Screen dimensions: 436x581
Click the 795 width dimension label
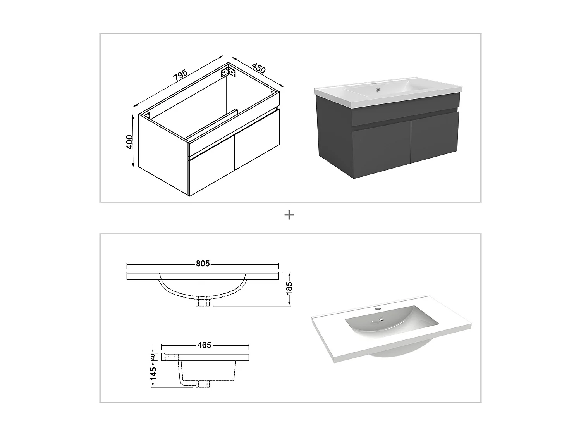pyautogui.click(x=180, y=75)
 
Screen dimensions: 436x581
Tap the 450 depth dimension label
pyautogui.click(x=259, y=68)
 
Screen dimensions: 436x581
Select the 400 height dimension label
pyautogui.click(x=129, y=141)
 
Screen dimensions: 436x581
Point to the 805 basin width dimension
pyautogui.click(x=203, y=264)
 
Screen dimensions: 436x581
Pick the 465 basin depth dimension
pyautogui.click(x=204, y=345)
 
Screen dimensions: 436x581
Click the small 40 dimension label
pyautogui.click(x=153, y=357)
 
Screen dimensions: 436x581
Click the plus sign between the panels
pyautogui.click(x=289, y=215)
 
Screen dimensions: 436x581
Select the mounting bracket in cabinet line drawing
pyautogui.click(x=228, y=72)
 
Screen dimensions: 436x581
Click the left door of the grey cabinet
pyautogui.click(x=382, y=149)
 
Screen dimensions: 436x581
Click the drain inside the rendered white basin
pyautogui.click(x=382, y=320)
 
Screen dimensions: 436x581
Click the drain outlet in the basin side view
pyautogui.click(x=203, y=384)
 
